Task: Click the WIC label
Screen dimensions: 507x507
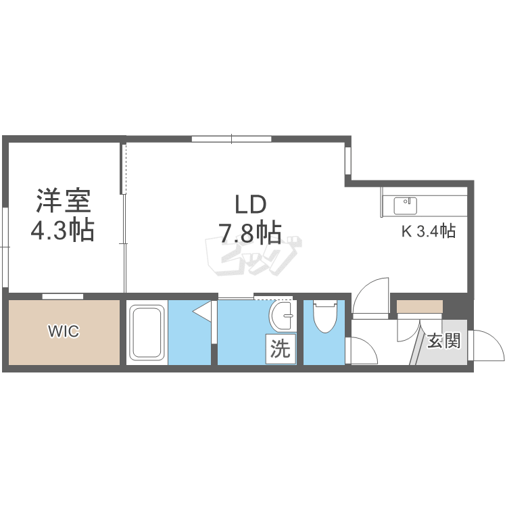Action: [x=64, y=331]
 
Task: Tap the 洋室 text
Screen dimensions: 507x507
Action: [x=64, y=201]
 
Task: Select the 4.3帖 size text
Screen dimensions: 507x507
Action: [x=62, y=230]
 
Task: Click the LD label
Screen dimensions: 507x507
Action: [x=251, y=205]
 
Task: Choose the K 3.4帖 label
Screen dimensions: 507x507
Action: [x=429, y=231]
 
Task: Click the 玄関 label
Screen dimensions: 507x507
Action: [x=443, y=341]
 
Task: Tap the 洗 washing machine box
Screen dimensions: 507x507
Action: [x=281, y=349]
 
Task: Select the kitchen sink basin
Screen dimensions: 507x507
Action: [x=405, y=206]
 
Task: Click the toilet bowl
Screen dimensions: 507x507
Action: [x=325, y=316]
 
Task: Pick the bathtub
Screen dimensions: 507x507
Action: [x=147, y=333]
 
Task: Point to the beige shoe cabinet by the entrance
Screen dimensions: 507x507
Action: [x=420, y=306]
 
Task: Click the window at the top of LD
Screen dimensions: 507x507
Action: [x=231, y=139]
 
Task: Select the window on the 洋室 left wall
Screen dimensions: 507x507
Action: [x=5, y=247]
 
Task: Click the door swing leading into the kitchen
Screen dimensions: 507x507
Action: [x=370, y=295]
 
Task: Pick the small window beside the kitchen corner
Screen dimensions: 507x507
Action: [x=348, y=161]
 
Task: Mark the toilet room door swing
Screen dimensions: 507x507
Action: [x=361, y=350]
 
